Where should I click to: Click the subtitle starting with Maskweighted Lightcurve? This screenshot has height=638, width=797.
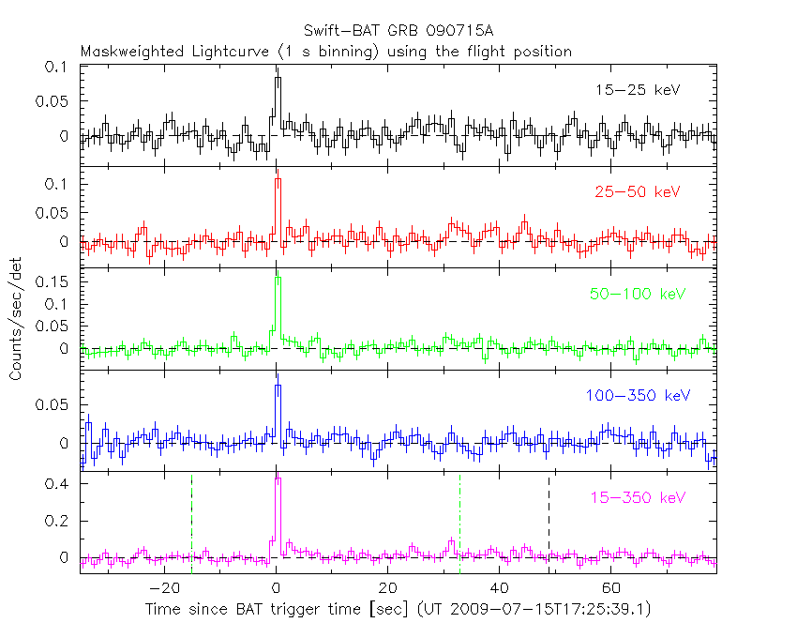click(325, 52)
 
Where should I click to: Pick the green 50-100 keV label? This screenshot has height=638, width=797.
click(634, 294)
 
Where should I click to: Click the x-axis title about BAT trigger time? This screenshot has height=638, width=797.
click(398, 610)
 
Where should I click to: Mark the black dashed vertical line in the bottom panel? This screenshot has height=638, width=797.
click(549, 521)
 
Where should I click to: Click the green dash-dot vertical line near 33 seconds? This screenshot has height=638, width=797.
click(459, 521)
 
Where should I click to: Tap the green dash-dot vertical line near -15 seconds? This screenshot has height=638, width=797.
click(191, 521)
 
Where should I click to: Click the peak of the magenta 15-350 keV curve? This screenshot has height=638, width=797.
click(278, 479)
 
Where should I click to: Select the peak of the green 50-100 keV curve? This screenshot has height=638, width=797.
click(278, 275)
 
